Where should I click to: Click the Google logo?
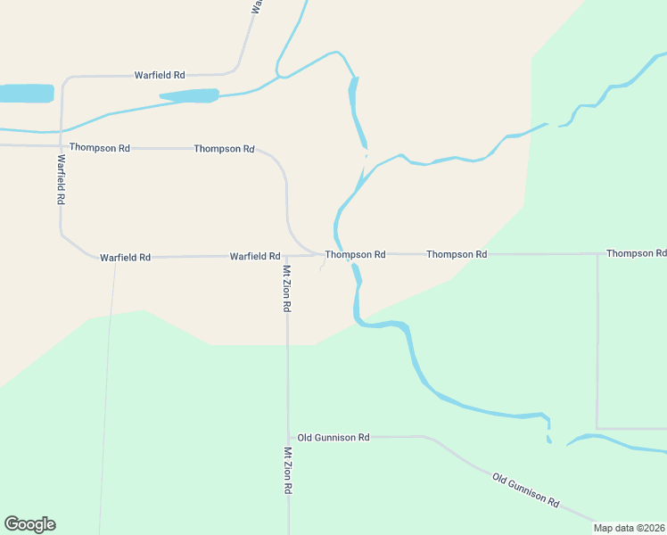pos(30,524)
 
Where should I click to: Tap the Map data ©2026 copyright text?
pos(629,528)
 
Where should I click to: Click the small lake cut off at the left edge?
pos(25,94)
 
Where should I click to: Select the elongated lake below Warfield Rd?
pos(189,95)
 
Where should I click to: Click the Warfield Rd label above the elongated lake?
pos(160,75)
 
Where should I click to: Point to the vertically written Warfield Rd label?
pos(62,180)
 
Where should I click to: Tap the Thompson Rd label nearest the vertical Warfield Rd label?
pos(100,147)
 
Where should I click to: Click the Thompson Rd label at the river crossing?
pos(355,254)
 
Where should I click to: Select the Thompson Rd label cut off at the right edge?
pos(636,253)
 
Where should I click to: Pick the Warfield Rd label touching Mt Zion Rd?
pos(255,256)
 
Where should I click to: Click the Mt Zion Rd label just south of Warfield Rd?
pos(287,288)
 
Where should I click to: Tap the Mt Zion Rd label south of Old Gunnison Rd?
pos(288,472)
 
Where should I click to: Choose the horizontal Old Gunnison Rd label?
pos(333,437)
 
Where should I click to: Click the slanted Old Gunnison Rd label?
pos(525,490)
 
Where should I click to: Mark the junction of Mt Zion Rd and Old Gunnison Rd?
pos(288,437)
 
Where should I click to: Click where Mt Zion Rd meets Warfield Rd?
pos(287,256)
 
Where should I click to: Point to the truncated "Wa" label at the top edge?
pos(256,6)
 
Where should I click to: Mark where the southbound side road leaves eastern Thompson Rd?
pos(597,254)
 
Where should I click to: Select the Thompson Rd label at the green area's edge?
pos(457,254)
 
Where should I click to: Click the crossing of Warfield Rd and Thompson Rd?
pos(62,146)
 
